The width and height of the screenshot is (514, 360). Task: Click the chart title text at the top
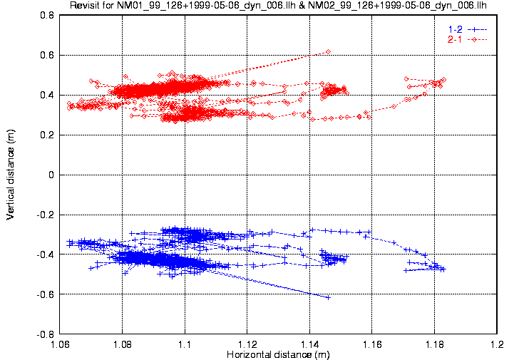277,6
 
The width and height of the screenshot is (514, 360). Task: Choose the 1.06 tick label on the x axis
60,344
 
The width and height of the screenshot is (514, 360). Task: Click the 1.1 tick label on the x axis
185,344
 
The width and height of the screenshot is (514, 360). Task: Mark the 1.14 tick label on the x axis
310,344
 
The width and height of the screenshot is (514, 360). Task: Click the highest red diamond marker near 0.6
328,51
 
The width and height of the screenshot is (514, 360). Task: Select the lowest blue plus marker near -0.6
328,297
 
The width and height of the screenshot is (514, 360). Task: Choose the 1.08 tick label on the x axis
123,344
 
